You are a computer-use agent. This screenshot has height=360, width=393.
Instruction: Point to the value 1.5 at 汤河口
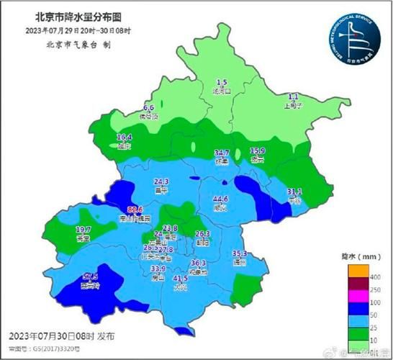tap(222, 83)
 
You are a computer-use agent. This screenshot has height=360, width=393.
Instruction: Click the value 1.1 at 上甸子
tap(293, 96)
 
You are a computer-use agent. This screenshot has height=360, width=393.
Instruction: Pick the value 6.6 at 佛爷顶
tap(150, 107)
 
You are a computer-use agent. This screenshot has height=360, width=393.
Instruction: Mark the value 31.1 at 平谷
tap(294, 191)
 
